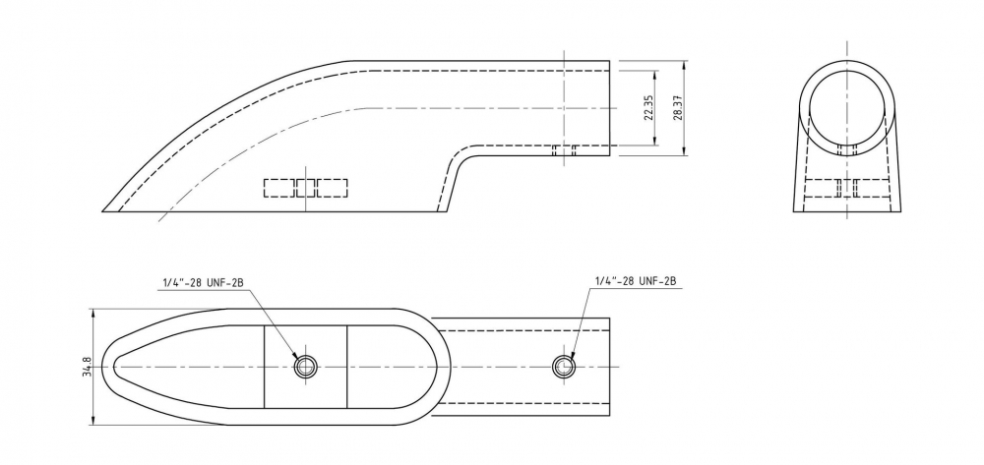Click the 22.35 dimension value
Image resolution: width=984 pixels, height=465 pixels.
coord(648,107)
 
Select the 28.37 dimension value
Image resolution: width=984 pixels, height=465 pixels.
coord(677,107)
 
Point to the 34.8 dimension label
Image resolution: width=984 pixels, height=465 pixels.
coord(88,367)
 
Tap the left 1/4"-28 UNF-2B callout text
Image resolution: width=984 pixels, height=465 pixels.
coord(203,282)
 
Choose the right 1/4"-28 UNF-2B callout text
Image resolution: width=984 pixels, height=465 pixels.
coord(635,281)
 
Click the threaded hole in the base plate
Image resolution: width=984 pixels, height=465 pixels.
coord(306,366)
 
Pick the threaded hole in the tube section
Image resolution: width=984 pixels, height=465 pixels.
coord(564,366)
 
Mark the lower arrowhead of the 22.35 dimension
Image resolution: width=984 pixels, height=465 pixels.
coord(655,141)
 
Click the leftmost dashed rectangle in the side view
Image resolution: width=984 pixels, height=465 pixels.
coord(279,188)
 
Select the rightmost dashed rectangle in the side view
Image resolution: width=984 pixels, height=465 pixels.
coord(332,188)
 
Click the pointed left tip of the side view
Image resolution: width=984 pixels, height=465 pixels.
coord(103,211)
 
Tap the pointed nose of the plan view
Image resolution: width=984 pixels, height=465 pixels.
coord(101,367)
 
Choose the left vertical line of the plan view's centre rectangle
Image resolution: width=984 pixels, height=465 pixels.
coord(264,367)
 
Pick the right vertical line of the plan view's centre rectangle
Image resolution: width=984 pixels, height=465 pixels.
coord(347,367)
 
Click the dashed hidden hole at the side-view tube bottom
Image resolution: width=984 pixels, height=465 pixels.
coord(564,150)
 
